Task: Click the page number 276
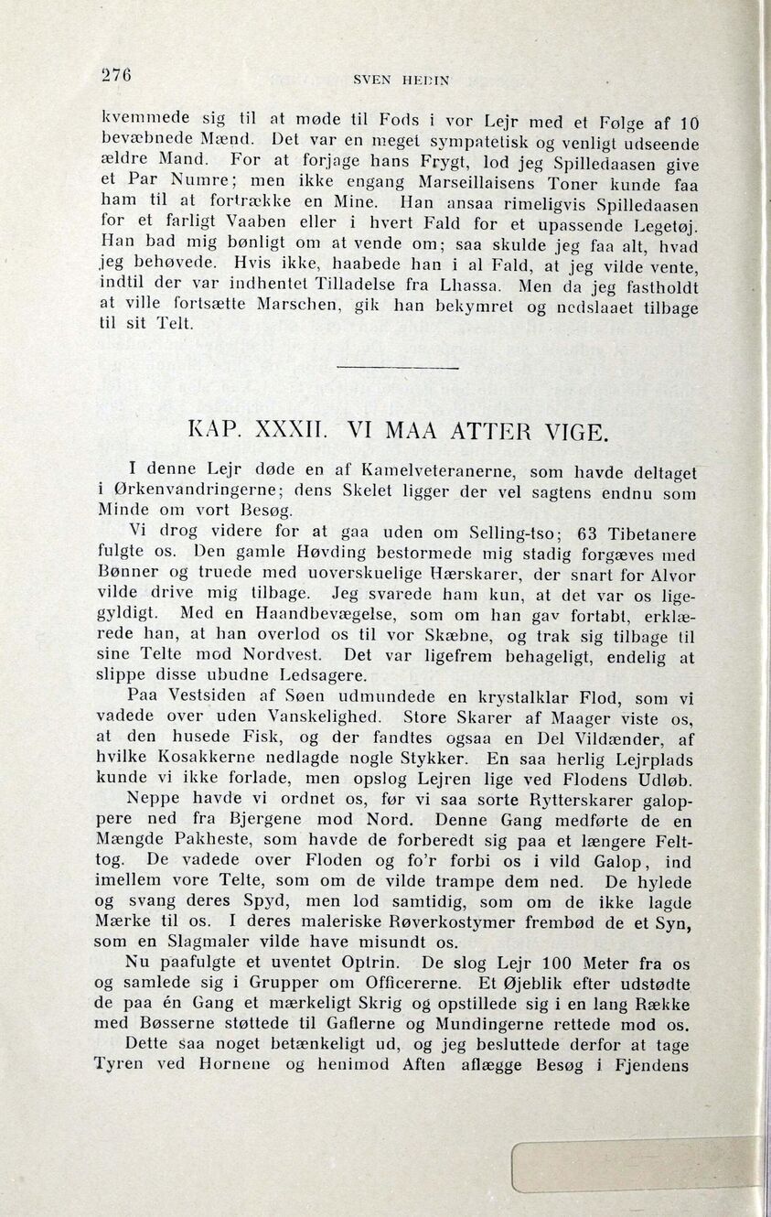coord(117,76)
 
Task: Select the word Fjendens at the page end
coord(648,1065)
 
